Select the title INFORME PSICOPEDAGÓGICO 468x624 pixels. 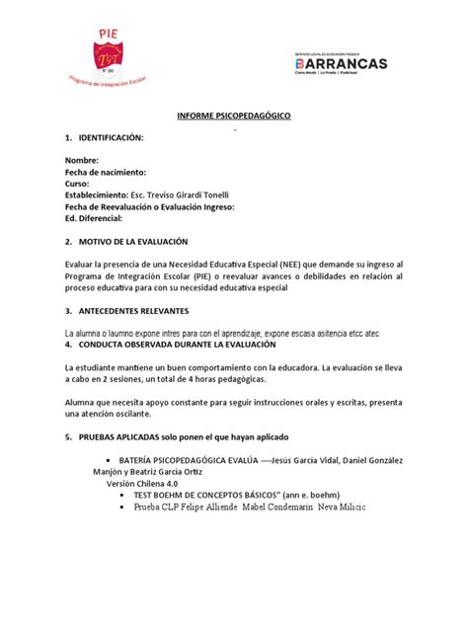pyautogui.click(x=234, y=117)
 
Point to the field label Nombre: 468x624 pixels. pyautogui.click(x=82, y=160)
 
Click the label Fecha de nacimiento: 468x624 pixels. pyautogui.click(x=107, y=172)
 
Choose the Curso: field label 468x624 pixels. pyautogui.click(x=77, y=184)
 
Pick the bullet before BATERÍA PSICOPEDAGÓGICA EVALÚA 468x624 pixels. pyautogui.click(x=108, y=460)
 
